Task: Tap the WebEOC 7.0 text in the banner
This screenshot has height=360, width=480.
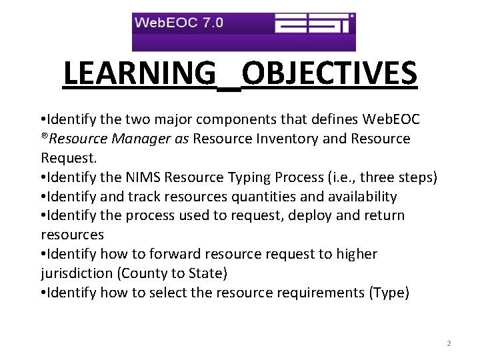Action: pyautogui.click(x=179, y=23)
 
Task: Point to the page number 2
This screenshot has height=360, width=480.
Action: pyautogui.click(x=449, y=343)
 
